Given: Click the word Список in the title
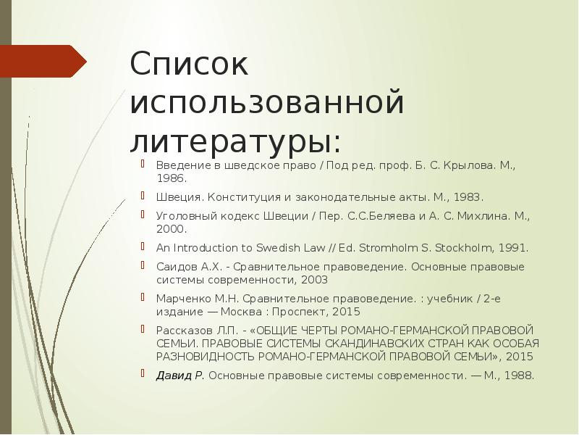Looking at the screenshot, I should [189, 65].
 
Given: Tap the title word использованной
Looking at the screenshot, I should [266, 102].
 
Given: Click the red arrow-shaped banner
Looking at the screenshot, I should [43, 61].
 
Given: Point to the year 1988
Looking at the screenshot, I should [518, 375].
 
